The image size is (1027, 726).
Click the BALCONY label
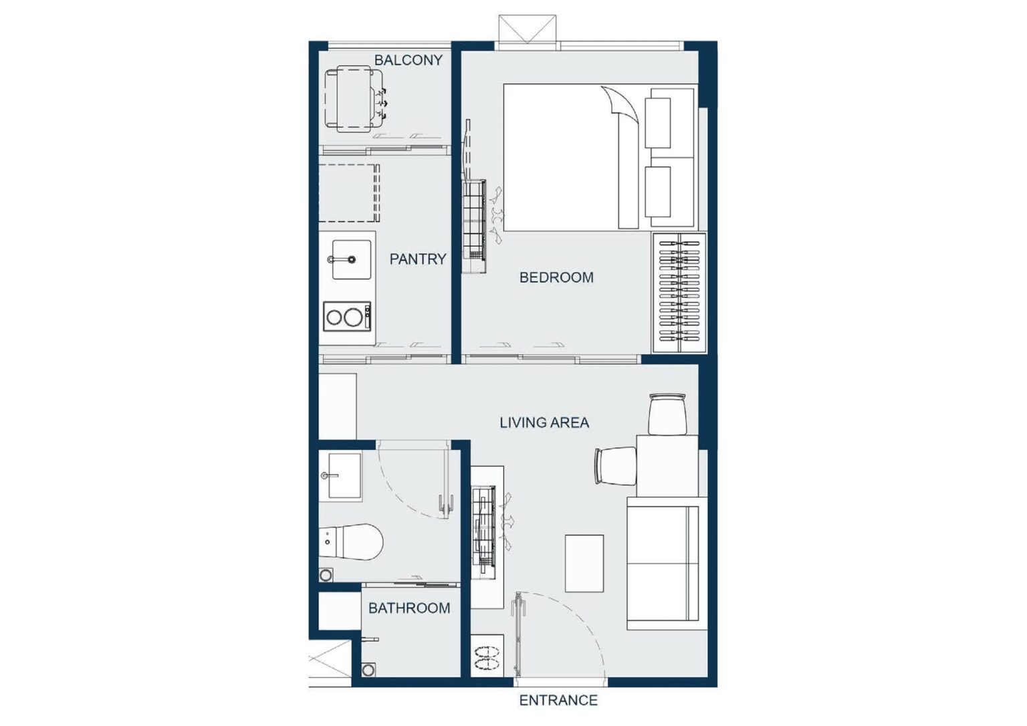point(408,60)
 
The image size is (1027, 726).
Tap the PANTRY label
point(418,259)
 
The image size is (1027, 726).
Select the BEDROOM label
point(556,277)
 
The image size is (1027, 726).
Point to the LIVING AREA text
point(544,422)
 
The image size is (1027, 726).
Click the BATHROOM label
point(409,608)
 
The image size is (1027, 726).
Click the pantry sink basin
point(351,259)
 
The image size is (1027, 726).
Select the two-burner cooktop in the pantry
point(347,316)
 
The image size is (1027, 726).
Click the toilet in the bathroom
point(351,542)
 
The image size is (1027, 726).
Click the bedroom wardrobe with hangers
point(679,292)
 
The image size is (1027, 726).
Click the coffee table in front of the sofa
point(584,564)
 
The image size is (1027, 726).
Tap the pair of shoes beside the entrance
point(487,658)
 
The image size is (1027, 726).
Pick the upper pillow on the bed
point(658,123)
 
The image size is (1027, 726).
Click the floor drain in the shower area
point(368,670)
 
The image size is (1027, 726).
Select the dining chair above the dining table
point(667,414)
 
